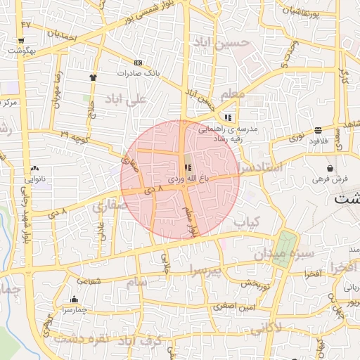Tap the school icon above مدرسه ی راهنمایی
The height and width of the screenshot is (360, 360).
(x=227, y=117)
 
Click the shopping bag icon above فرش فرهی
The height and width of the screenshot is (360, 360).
(x=330, y=168)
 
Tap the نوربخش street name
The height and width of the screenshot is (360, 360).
(x=255, y=285)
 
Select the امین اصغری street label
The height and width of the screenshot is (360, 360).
(x=236, y=306)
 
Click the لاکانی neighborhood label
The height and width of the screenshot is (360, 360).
(x=266, y=327)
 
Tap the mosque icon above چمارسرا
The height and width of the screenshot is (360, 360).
(x=75, y=300)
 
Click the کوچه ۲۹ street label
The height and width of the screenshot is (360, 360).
(x=65, y=134)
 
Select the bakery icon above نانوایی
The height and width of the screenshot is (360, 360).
(x=34, y=169)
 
